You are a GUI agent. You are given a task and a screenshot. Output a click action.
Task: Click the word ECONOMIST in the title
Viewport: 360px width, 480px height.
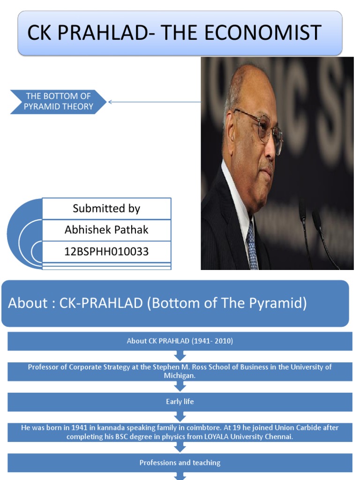[x=262, y=32]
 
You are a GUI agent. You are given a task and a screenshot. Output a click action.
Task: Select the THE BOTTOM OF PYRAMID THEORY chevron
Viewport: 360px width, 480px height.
[x=58, y=102]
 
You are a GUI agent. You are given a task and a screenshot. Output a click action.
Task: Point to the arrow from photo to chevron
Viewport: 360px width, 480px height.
[x=154, y=102]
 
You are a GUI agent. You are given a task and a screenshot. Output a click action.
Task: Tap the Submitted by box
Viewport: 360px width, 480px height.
[x=106, y=209]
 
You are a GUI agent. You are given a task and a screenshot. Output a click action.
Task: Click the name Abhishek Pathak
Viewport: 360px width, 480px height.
[x=106, y=230]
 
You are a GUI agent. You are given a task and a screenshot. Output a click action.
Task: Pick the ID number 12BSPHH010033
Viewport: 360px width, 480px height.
[x=106, y=252]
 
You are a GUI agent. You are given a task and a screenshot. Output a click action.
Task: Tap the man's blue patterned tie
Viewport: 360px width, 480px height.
[x=252, y=245]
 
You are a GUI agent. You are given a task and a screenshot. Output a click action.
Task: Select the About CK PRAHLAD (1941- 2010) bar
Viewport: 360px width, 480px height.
[x=180, y=341]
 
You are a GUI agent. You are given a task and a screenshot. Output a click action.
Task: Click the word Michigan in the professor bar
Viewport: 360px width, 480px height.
[x=180, y=375]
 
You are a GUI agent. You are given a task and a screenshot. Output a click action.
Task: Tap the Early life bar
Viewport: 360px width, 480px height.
[x=180, y=402]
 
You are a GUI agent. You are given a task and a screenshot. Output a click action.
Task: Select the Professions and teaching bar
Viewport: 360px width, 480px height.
[x=180, y=463]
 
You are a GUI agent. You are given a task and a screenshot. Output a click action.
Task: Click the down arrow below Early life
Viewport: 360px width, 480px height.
[x=180, y=416]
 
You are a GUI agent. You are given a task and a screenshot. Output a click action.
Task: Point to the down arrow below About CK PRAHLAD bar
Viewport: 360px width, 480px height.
[x=180, y=356]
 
